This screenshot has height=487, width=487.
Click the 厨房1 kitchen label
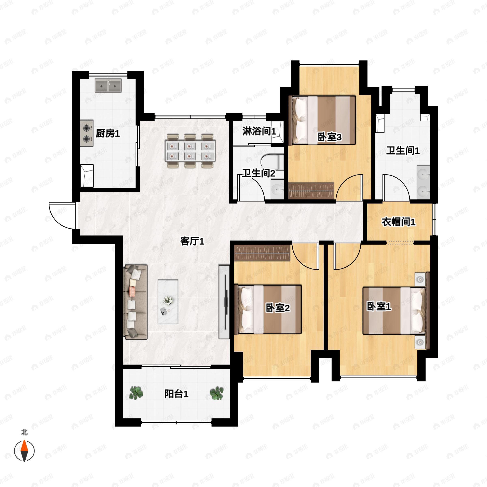coord(108,133)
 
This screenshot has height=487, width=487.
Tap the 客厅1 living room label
coord(192,241)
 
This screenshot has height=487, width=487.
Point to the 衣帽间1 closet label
coord(398,222)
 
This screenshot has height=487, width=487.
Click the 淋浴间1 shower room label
coord(259,131)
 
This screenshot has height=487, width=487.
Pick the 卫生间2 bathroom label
coord(259,173)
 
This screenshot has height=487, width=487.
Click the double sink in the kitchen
coord(108,86)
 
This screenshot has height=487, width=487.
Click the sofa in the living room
coord(135,302)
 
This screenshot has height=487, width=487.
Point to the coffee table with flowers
coord(168,302)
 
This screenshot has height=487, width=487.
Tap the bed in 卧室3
coord(324,120)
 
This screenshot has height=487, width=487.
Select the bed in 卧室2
coord(268,309)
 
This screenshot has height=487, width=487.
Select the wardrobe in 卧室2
coord(262,253)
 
